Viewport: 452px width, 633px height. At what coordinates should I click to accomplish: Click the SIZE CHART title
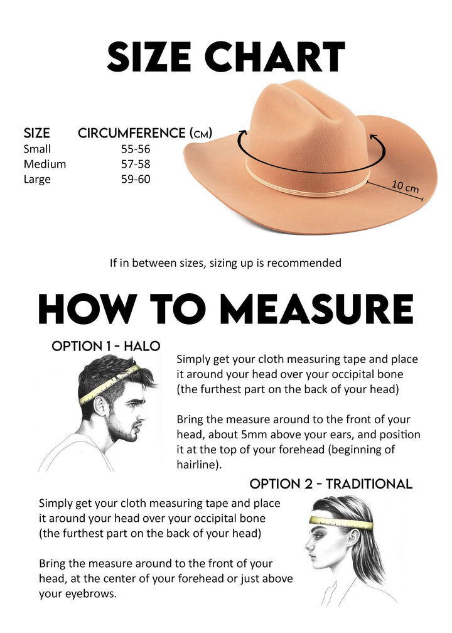click(x=226, y=56)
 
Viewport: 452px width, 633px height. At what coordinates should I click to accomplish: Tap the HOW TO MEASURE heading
click(x=226, y=309)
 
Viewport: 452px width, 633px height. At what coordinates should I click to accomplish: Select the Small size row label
click(x=37, y=149)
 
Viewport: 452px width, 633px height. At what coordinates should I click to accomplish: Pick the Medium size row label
click(x=45, y=164)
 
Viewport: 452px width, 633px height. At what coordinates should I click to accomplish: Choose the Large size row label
click(x=37, y=179)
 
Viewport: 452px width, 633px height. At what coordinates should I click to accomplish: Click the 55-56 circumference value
click(x=136, y=149)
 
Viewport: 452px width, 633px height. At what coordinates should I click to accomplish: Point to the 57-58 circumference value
click(x=136, y=164)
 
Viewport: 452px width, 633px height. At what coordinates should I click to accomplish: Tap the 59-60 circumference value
click(x=136, y=179)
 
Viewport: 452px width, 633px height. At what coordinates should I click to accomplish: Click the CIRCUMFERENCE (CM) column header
click(x=145, y=133)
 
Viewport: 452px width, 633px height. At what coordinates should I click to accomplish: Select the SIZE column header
click(x=36, y=133)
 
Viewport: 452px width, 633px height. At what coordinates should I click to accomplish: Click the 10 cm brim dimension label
click(x=405, y=186)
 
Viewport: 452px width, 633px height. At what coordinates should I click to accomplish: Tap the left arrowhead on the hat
click(x=242, y=133)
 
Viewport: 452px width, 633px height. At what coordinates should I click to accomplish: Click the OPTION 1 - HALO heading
click(x=105, y=346)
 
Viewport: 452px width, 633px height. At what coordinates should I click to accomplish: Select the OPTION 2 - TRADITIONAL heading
click(x=331, y=484)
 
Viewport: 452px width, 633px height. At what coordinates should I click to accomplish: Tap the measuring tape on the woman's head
click(x=342, y=522)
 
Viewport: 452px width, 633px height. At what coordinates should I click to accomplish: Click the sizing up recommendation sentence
click(x=225, y=262)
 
